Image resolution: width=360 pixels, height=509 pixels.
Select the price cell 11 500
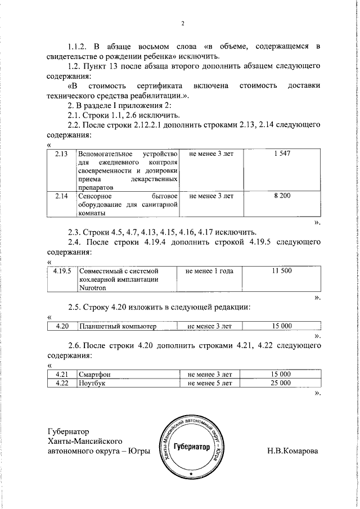click(282, 271)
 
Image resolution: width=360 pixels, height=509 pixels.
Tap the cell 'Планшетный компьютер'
click(118, 326)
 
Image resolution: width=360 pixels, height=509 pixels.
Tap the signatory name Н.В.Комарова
click(292, 451)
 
